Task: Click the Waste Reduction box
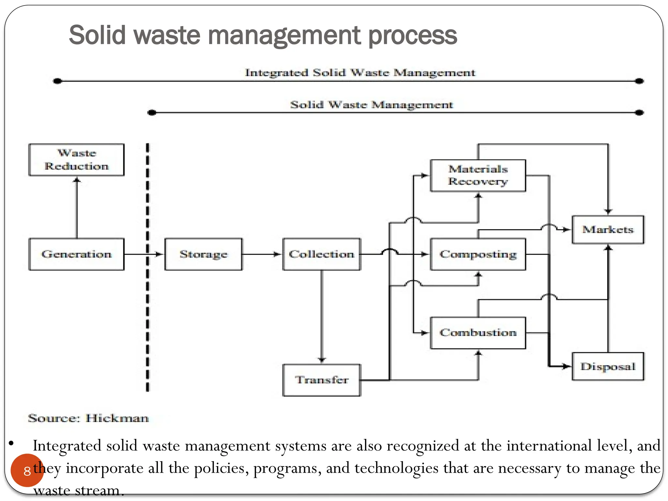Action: pos(76,160)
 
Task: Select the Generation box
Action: pos(76,254)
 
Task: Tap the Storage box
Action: pos(204,254)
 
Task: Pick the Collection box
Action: pos(322,254)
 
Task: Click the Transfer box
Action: pos(322,380)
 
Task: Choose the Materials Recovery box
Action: pos(478,175)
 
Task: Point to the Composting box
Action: pos(478,254)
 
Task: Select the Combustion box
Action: pos(478,333)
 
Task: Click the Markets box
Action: pos(608,230)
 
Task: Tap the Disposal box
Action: pos(608,366)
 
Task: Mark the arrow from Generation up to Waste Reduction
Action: pos(77,209)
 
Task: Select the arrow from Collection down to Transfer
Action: pos(322,316)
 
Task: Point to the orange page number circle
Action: pos(27,470)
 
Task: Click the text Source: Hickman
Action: pos(88,418)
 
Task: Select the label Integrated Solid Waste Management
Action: pos(360,72)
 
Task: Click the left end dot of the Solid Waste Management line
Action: pos(152,113)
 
